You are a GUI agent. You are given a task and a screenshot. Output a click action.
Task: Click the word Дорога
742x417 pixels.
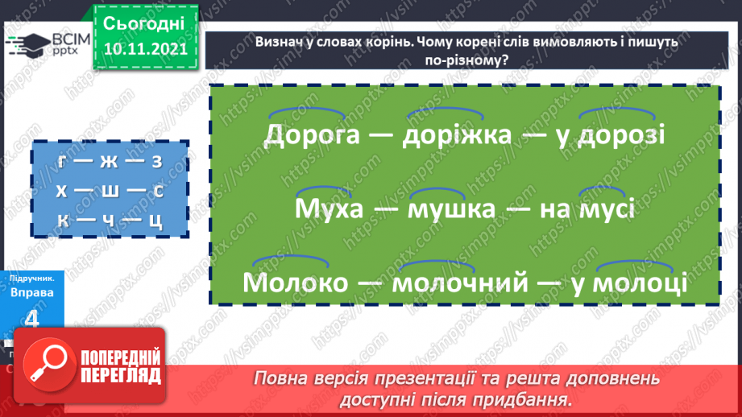(x=311, y=134)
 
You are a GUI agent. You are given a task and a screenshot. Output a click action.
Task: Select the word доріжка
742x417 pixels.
(x=457, y=134)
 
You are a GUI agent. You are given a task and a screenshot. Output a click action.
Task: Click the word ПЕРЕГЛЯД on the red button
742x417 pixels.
(x=120, y=375)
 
